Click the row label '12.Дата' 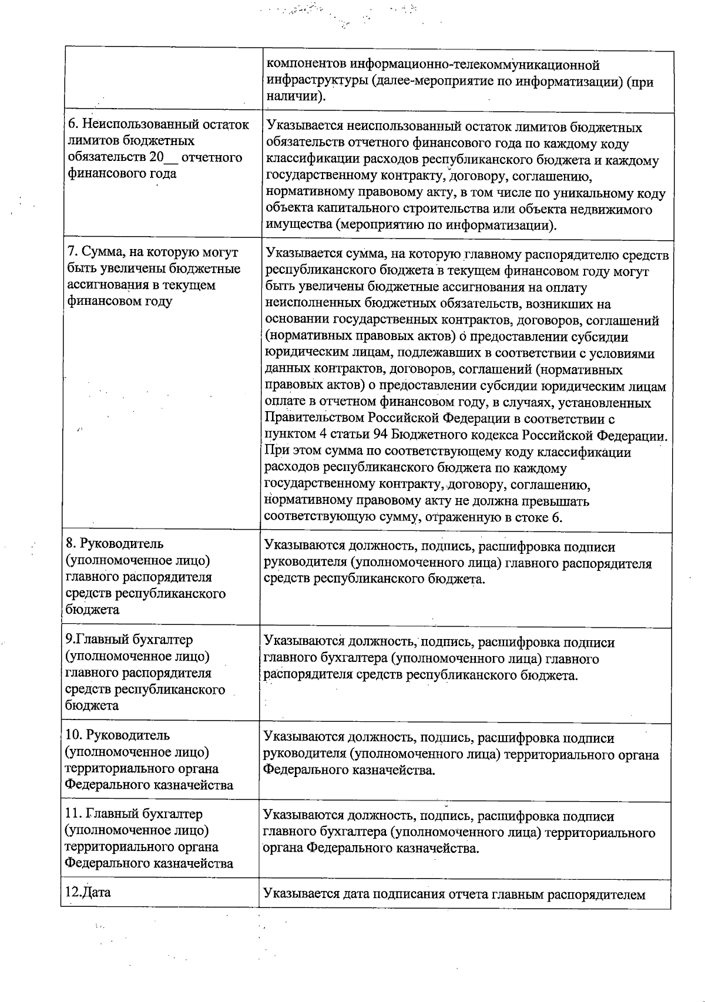click(x=88, y=892)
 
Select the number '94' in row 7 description click(x=380, y=436)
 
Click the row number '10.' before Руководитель click(x=75, y=735)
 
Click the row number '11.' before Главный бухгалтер click(x=74, y=814)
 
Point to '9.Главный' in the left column click(x=96, y=640)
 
